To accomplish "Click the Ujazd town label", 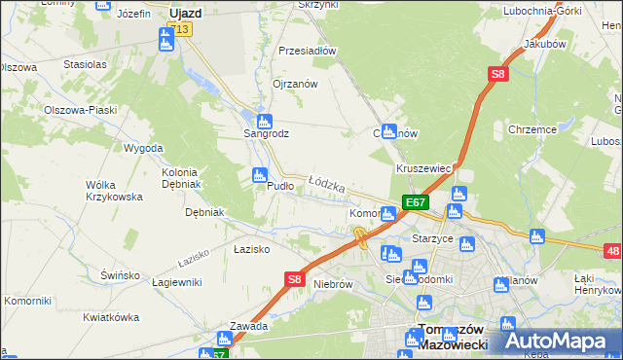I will (185, 14).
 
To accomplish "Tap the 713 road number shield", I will (182, 29).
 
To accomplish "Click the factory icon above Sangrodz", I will (264, 120).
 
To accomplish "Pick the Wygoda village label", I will (143, 148).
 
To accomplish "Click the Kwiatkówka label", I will (110, 317).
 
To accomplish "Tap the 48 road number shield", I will (611, 252).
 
